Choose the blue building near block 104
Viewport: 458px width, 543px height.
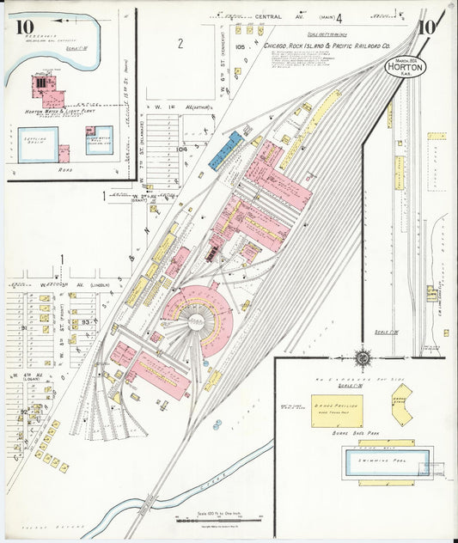(x=224, y=149)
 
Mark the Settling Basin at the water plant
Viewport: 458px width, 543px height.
(x=38, y=142)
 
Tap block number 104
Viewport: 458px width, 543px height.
(x=182, y=149)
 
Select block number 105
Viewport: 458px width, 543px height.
(x=240, y=46)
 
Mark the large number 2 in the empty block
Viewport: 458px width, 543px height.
(x=180, y=44)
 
